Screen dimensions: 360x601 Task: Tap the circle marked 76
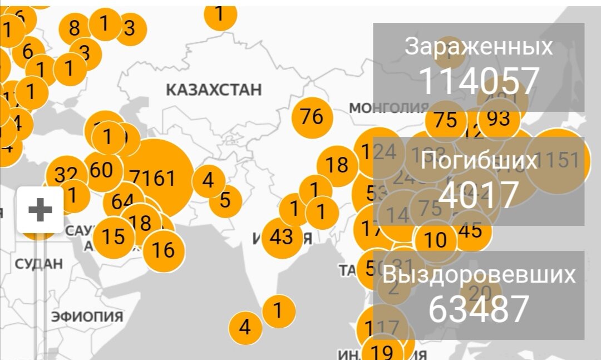coord(312,117)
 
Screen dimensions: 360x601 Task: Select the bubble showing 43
coord(281,238)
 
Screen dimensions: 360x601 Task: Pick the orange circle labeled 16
coord(164,250)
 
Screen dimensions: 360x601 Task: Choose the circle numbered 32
coord(66,175)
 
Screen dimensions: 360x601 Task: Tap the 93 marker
coord(499,118)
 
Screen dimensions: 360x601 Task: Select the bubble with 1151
coord(558,160)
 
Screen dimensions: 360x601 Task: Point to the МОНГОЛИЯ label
coord(388,107)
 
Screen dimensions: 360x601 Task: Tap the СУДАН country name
coord(38,264)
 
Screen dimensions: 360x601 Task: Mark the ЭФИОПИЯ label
coord(87,317)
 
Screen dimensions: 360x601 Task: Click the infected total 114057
coord(479,81)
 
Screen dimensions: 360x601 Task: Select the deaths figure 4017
coord(479,193)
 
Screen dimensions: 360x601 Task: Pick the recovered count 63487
coord(479,309)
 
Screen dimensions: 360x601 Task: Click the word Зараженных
coord(479,47)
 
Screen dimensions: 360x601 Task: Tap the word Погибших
coord(479,160)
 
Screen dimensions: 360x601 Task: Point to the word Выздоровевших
coord(479,275)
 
